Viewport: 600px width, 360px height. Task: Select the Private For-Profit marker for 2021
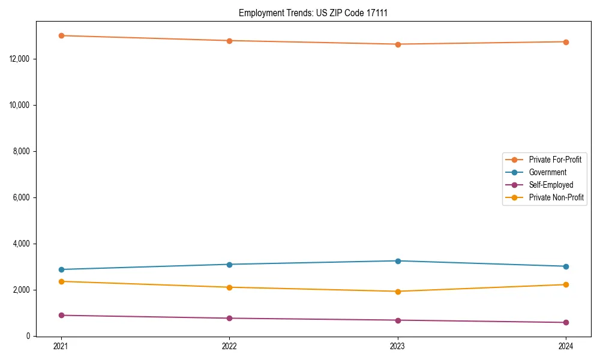tap(61, 35)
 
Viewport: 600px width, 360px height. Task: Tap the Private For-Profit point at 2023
tap(398, 44)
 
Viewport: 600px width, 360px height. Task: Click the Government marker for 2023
tap(398, 261)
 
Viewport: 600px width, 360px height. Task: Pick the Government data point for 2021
tap(61, 269)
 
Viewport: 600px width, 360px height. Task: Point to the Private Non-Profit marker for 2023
tap(398, 292)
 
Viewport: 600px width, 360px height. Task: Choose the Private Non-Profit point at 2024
tap(566, 284)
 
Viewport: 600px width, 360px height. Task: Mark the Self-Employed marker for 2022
tap(229, 318)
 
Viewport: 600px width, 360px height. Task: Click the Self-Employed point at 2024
tap(566, 323)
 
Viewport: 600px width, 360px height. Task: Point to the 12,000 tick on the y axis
tap(22, 59)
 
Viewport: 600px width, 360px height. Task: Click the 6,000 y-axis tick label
tap(23, 197)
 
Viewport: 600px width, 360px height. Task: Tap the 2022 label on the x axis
tap(229, 346)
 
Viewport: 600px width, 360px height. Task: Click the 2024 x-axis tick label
tap(566, 346)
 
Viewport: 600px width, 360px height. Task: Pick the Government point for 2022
tap(229, 265)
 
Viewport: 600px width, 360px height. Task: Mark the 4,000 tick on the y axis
tap(23, 244)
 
